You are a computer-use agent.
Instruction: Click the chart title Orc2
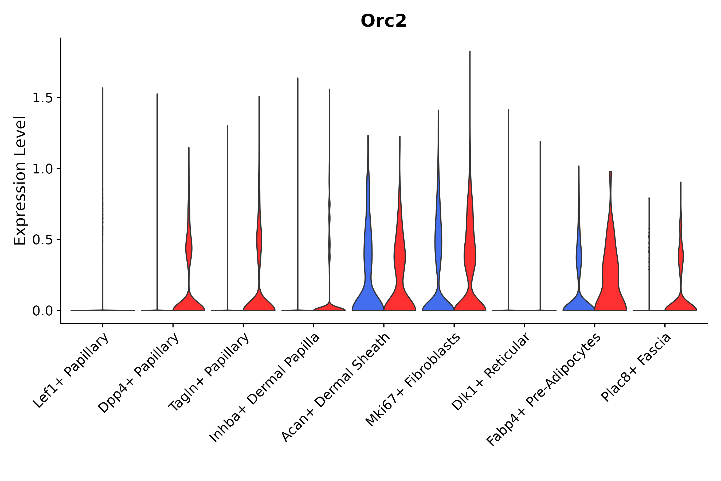click(383, 21)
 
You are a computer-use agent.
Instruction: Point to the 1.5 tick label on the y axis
click(42, 98)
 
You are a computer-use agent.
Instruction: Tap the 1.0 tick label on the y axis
click(42, 169)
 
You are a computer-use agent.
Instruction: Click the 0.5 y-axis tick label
click(42, 240)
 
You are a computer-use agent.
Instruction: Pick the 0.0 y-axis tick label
click(42, 311)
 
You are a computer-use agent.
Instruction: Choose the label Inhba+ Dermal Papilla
click(265, 388)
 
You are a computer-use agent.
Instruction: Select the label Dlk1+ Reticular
click(491, 371)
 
